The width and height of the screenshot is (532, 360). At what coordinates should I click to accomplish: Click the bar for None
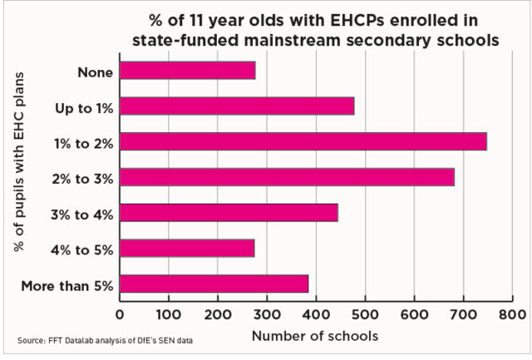[x=188, y=71]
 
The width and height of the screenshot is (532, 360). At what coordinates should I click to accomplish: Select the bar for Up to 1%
[x=237, y=106]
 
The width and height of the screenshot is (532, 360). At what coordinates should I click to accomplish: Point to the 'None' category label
[x=95, y=72]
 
